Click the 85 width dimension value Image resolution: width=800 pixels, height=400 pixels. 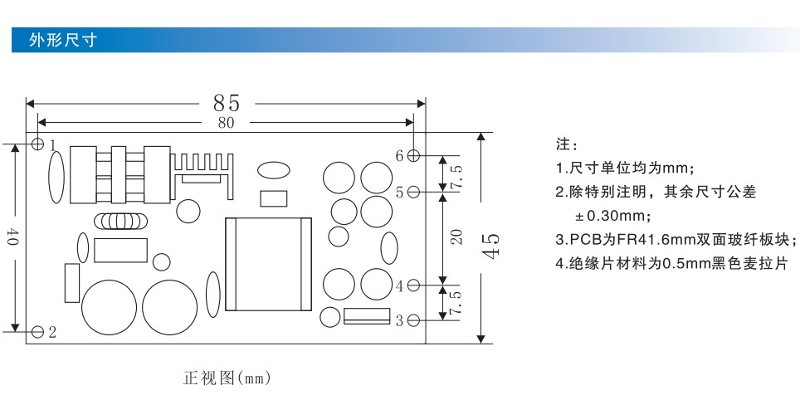click(227, 104)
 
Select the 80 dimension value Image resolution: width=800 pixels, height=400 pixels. click(226, 123)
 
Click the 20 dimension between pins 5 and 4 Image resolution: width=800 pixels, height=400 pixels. click(457, 237)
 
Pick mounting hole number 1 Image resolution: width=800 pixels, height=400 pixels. click(37, 144)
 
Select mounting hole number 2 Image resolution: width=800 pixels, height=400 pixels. click(37, 332)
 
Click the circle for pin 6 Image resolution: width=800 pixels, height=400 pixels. click(414, 155)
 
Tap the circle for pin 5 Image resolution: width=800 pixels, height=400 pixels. click(414, 192)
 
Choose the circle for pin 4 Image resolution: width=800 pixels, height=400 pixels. click(414, 285)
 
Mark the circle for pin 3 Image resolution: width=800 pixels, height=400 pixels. click(414, 320)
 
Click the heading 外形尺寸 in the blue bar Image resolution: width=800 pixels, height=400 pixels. click(63, 40)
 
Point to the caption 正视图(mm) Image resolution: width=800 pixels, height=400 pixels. click(227, 378)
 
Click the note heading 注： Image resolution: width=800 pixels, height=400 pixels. click(567, 145)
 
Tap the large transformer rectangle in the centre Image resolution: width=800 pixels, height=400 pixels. click(268, 264)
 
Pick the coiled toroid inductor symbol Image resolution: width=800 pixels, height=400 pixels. click(121, 221)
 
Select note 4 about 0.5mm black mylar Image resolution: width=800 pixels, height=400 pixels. click(672, 263)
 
